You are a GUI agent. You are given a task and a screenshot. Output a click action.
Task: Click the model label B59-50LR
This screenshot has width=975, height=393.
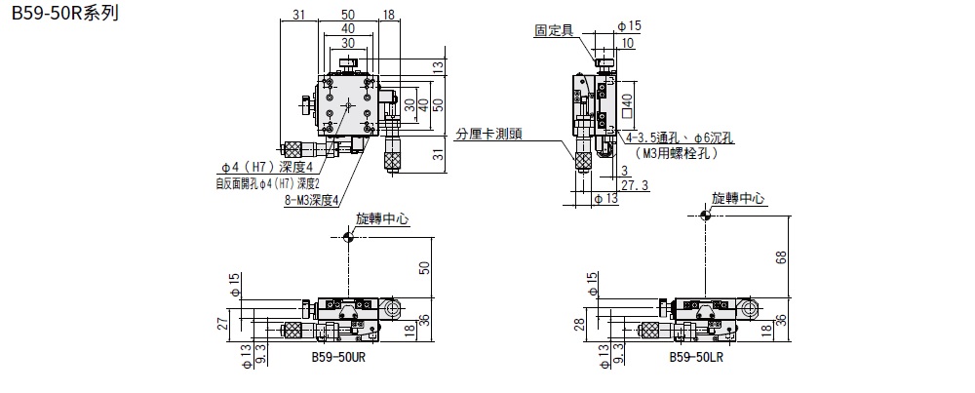(696, 357)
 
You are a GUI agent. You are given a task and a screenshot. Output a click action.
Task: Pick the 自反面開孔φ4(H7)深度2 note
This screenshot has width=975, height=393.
(268, 182)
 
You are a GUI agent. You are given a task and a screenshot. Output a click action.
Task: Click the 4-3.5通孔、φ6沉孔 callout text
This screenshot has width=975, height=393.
(682, 138)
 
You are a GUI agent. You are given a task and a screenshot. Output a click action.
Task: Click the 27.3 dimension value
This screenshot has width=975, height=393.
(635, 184)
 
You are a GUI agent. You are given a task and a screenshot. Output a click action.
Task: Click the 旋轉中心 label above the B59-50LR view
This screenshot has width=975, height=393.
(738, 198)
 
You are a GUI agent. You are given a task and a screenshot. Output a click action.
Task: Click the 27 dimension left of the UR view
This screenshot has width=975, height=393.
(223, 323)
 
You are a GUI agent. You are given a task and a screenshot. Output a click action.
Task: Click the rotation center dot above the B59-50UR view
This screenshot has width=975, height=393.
(348, 237)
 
